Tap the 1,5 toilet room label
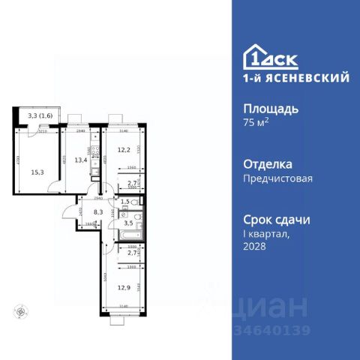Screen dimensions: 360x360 [x=125, y=202]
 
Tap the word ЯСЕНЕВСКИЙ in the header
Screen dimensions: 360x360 [x=304, y=76]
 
